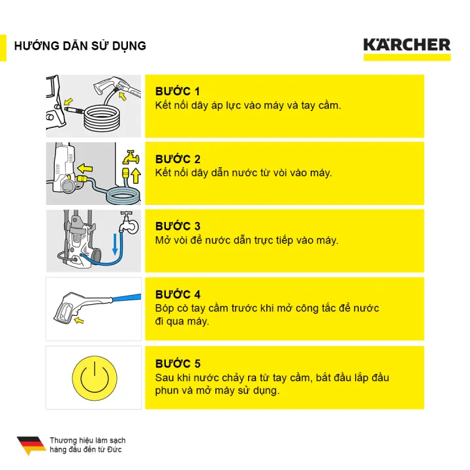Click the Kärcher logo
[407, 46]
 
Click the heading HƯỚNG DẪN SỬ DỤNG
[80, 46]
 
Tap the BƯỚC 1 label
[178, 91]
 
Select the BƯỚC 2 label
[178, 159]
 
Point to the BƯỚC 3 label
[178, 227]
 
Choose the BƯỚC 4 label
[178, 294]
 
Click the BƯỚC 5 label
[178, 364]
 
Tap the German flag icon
[31, 445]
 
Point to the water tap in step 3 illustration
[131, 223]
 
